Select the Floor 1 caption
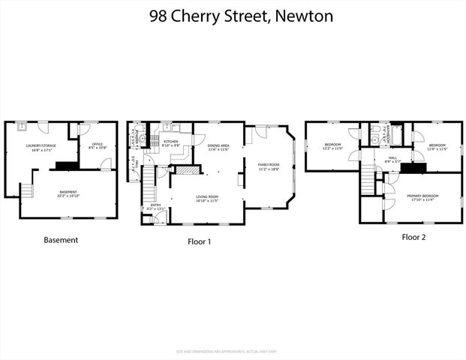pyautogui.click(x=200, y=241)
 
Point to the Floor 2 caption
pyautogui.click(x=413, y=236)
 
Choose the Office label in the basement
pyautogui.click(x=97, y=145)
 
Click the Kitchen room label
pyautogui.click(x=171, y=141)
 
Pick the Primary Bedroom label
pyautogui.click(x=422, y=196)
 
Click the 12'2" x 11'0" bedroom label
pyautogui.click(x=332, y=145)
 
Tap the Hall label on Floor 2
pyautogui.click(x=392, y=159)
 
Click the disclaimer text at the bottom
pyautogui.click(x=233, y=351)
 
